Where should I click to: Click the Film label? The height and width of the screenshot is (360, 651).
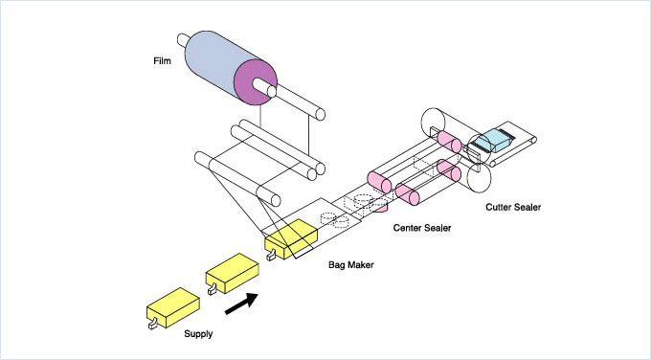(x=162, y=61)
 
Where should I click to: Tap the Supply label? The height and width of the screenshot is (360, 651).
(x=198, y=334)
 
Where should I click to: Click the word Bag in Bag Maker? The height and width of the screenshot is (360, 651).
(x=337, y=265)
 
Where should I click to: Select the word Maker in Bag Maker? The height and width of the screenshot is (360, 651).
(x=361, y=264)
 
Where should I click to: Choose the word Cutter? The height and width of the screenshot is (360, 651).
(x=499, y=207)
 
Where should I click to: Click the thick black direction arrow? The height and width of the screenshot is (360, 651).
(x=241, y=304)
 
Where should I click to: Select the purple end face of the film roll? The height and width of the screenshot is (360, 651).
(x=256, y=82)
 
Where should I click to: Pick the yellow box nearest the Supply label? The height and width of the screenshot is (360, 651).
(x=173, y=307)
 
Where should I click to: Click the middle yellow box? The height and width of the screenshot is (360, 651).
(x=233, y=273)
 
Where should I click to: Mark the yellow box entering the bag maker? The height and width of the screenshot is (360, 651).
(x=291, y=239)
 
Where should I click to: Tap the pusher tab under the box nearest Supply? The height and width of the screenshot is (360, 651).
(x=153, y=323)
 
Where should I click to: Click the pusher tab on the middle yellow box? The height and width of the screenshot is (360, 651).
(x=213, y=289)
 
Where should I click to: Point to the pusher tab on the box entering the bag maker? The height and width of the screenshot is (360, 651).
(x=271, y=255)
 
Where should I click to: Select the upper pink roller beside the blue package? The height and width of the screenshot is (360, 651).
(x=449, y=142)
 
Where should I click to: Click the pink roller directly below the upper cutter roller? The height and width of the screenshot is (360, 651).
(x=449, y=170)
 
